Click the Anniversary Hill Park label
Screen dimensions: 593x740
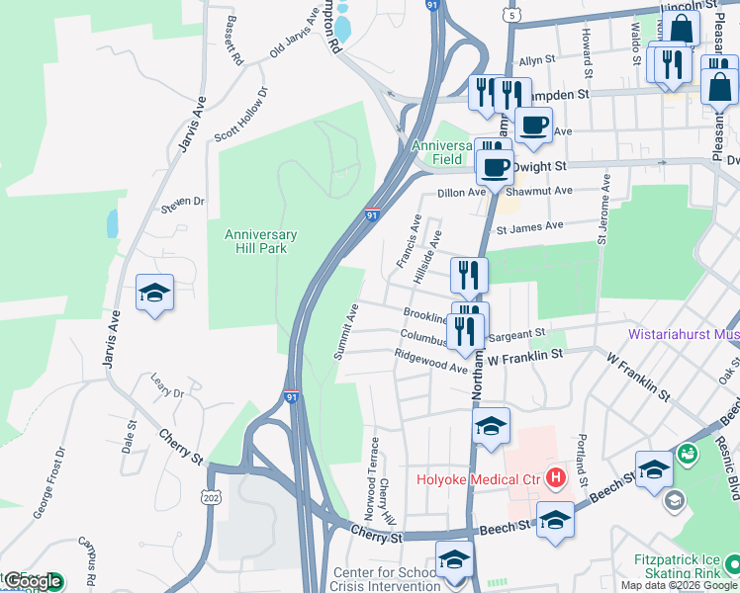pyautogui.click(x=261, y=241)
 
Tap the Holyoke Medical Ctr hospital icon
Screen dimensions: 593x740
pyautogui.click(x=556, y=479)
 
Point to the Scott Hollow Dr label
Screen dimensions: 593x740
pyautogui.click(x=242, y=115)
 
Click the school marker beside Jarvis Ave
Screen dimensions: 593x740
pyautogui.click(x=155, y=293)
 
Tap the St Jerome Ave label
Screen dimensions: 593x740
pyautogui.click(x=603, y=211)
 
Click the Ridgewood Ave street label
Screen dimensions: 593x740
pyautogui.click(x=430, y=362)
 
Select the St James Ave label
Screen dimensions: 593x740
pyautogui.click(x=529, y=227)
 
